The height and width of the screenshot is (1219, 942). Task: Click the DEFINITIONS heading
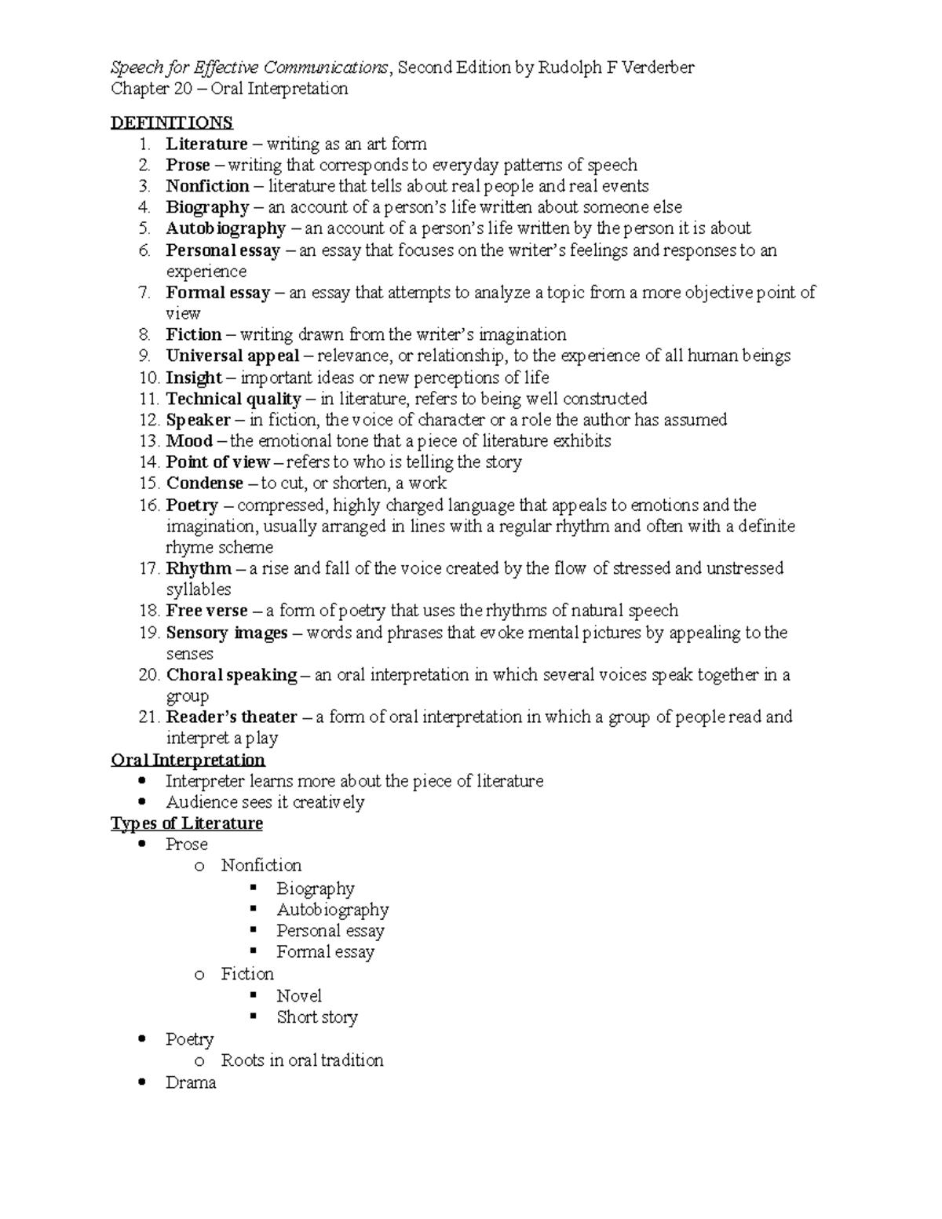[172, 122]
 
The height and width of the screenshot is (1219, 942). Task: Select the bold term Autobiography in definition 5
[225, 228]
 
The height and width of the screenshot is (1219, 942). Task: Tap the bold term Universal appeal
[232, 356]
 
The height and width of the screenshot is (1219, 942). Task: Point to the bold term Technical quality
[233, 399]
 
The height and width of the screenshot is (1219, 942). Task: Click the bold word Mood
[189, 441]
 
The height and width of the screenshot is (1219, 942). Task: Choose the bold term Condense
[204, 484]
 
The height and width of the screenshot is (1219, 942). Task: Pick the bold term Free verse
[206, 611]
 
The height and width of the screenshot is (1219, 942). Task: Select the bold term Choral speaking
[232, 675]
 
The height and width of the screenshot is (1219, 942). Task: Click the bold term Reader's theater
[232, 717]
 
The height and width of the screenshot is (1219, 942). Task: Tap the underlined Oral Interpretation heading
[188, 760]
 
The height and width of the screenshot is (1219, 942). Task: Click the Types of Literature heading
[187, 823]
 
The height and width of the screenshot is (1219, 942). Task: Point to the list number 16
[149, 505]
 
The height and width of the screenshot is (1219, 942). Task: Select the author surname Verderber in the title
[655, 68]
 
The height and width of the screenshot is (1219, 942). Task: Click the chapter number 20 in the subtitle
[183, 89]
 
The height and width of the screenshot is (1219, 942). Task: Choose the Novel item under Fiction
[299, 996]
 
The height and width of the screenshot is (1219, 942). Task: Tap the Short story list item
[317, 1017]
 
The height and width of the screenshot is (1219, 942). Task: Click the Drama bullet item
[191, 1083]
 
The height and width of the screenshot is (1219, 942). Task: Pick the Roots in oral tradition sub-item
[302, 1060]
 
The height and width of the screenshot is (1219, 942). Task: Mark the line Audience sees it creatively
[265, 802]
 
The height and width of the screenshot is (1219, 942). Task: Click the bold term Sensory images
[227, 633]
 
